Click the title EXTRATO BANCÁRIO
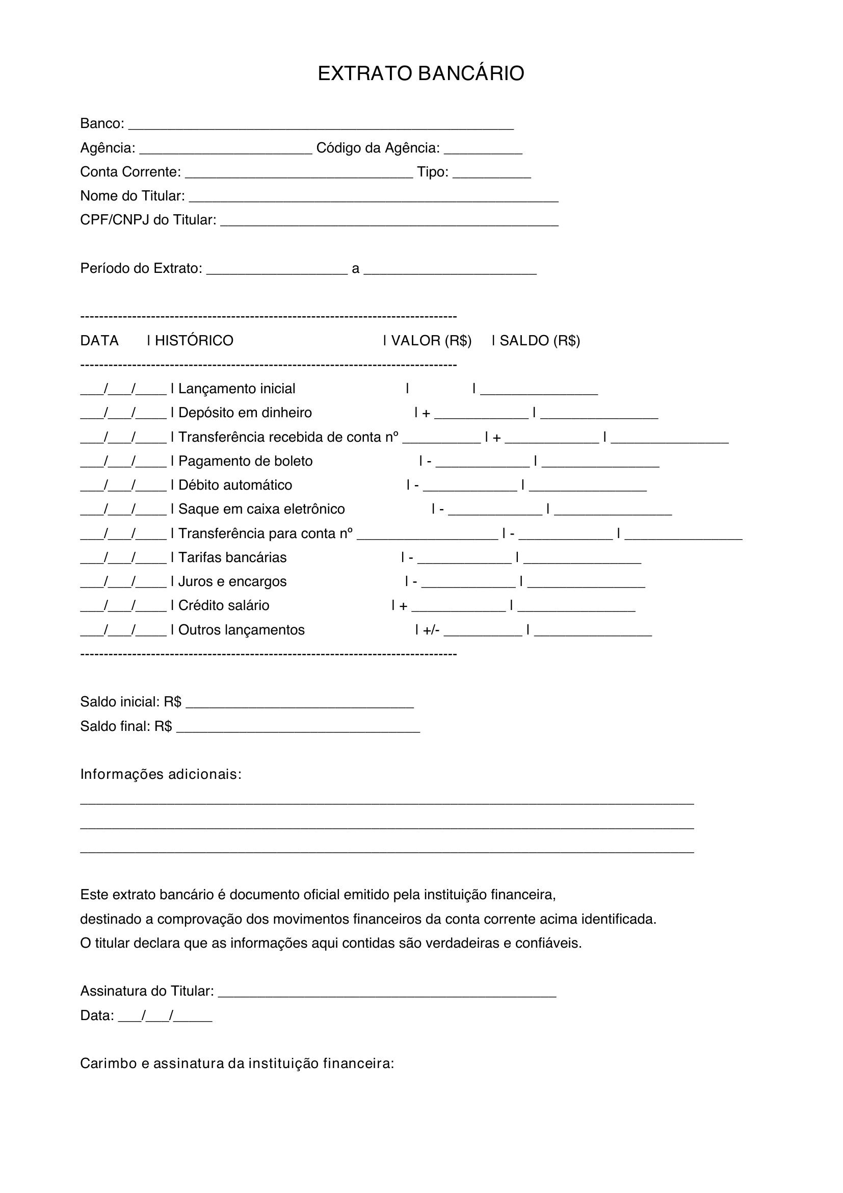click(421, 74)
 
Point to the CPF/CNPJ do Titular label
click(148, 220)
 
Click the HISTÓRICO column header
click(194, 340)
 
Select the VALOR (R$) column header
click(431, 340)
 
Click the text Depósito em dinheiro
click(245, 413)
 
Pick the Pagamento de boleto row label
click(246, 461)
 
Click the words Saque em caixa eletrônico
click(261, 509)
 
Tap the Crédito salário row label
click(224, 605)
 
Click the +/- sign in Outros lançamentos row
click(431, 630)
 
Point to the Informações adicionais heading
click(161, 774)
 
